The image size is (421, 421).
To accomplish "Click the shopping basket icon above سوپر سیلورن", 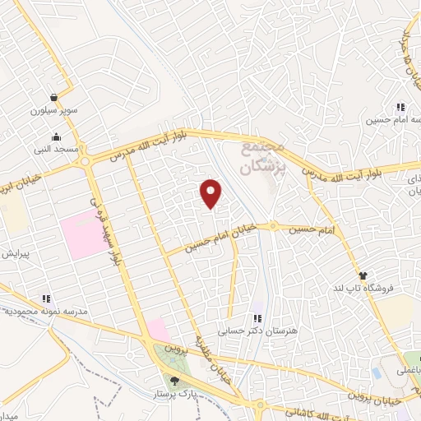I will (x=53, y=97).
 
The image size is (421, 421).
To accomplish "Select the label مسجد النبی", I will (x=55, y=149).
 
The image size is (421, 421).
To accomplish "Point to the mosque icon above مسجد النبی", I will (x=55, y=136).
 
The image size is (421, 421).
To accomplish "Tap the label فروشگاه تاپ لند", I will (x=363, y=288).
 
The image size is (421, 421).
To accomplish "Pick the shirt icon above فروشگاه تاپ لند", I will (x=362, y=275).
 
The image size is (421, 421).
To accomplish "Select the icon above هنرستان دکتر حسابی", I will (x=257, y=318).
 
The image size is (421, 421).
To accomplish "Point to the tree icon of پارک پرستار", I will (x=174, y=380).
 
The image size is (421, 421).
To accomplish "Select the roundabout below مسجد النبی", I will (x=86, y=162).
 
